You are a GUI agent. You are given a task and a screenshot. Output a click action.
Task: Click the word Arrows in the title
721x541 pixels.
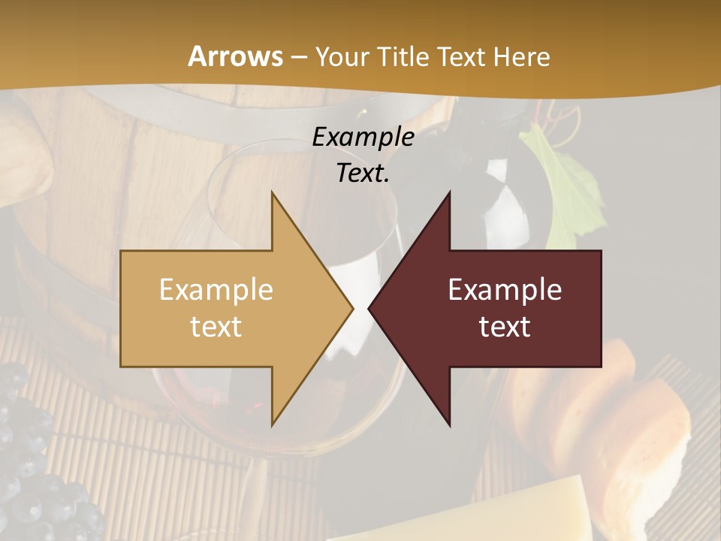coord(235,56)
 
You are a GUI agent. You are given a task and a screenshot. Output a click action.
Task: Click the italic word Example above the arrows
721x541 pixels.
coord(363,137)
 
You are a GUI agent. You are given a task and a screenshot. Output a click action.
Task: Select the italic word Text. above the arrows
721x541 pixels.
coord(363,173)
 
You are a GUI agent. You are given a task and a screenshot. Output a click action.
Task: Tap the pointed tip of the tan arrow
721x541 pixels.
coord(350,308)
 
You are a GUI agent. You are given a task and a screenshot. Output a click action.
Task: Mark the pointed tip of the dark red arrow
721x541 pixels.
coord(372,308)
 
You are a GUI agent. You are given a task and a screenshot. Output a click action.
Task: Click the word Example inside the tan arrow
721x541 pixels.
coord(216,290)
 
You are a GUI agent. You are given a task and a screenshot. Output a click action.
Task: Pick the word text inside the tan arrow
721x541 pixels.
coord(216,327)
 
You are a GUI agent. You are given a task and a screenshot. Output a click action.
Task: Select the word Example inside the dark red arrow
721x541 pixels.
coord(505,290)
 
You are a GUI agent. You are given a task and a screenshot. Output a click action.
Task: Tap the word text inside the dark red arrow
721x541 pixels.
coord(505,327)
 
